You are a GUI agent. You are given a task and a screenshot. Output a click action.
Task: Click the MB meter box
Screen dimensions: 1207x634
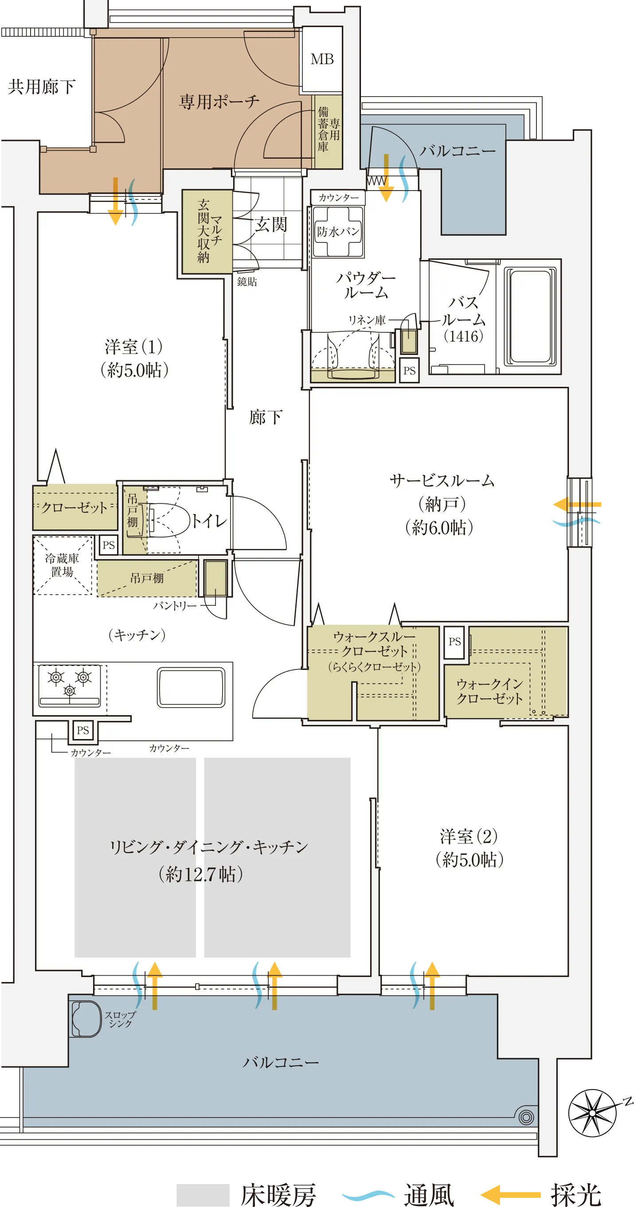(322, 59)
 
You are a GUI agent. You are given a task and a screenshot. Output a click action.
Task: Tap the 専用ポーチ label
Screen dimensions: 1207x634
(219, 101)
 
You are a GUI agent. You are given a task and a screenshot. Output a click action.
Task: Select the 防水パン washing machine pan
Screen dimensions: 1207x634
(338, 231)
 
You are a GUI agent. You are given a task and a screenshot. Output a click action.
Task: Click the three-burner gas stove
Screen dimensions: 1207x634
(70, 685)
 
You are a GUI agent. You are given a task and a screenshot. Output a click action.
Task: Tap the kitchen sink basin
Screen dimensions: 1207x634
(191, 687)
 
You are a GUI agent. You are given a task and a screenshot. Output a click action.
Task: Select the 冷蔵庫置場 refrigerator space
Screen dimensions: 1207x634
(63, 565)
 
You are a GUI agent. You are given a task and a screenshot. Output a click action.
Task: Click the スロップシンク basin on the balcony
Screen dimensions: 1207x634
(86, 1019)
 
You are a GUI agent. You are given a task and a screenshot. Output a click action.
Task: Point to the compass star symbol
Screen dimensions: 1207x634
(593, 1112)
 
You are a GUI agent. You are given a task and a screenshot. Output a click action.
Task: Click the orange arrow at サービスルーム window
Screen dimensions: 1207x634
(577, 505)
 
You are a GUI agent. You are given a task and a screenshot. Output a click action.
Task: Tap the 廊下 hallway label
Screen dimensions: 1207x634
(266, 417)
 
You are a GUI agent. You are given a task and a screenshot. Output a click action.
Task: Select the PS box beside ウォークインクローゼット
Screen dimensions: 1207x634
(454, 642)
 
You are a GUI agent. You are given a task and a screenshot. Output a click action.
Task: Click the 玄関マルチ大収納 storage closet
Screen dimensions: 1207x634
(207, 231)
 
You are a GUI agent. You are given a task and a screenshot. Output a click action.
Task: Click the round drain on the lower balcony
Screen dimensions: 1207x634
(526, 1117)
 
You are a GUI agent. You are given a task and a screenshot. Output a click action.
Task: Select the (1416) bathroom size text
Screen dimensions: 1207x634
(463, 336)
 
